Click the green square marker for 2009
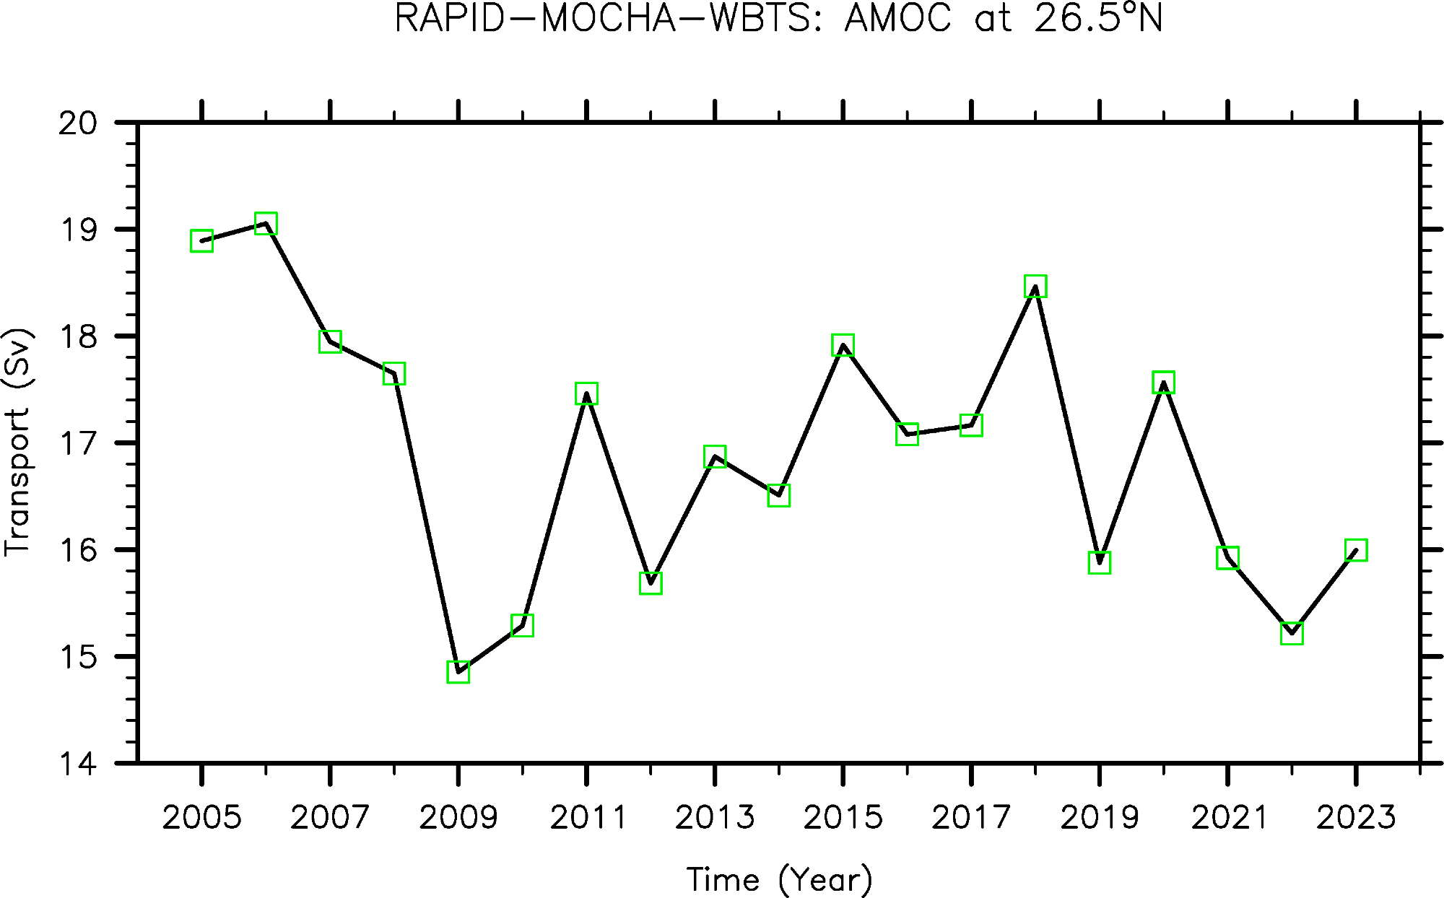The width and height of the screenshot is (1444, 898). pyautogui.click(x=458, y=672)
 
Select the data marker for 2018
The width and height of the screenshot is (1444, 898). pyautogui.click(x=1035, y=287)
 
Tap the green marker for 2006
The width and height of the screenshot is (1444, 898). pyautogui.click(x=266, y=224)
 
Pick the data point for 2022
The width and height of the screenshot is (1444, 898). pyautogui.click(x=1292, y=633)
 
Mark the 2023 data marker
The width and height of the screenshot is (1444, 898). pyautogui.click(x=1355, y=550)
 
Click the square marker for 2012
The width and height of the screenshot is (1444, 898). pyautogui.click(x=651, y=583)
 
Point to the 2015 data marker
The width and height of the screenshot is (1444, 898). pyautogui.click(x=843, y=345)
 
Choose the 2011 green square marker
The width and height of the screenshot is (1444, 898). pyautogui.click(x=586, y=393)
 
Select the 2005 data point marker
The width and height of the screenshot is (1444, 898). pyautogui.click(x=201, y=241)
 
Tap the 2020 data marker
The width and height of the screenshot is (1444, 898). pyautogui.click(x=1163, y=383)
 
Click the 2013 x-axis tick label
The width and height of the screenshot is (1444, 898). pyautogui.click(x=715, y=818)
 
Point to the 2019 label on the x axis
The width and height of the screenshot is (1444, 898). pyautogui.click(x=1099, y=818)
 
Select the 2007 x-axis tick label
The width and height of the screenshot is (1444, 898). pyautogui.click(x=330, y=818)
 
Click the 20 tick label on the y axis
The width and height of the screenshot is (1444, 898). pyautogui.click(x=78, y=124)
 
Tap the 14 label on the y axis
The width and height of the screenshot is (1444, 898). pyautogui.click(x=78, y=764)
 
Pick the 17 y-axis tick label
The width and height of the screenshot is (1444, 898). pyautogui.click(x=78, y=443)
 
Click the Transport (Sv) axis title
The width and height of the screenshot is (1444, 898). pyautogui.click(x=18, y=443)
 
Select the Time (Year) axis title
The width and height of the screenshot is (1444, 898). pyautogui.click(x=779, y=880)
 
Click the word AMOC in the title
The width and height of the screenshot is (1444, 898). pyautogui.click(x=898, y=19)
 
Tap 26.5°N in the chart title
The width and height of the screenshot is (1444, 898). pyautogui.click(x=1097, y=19)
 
